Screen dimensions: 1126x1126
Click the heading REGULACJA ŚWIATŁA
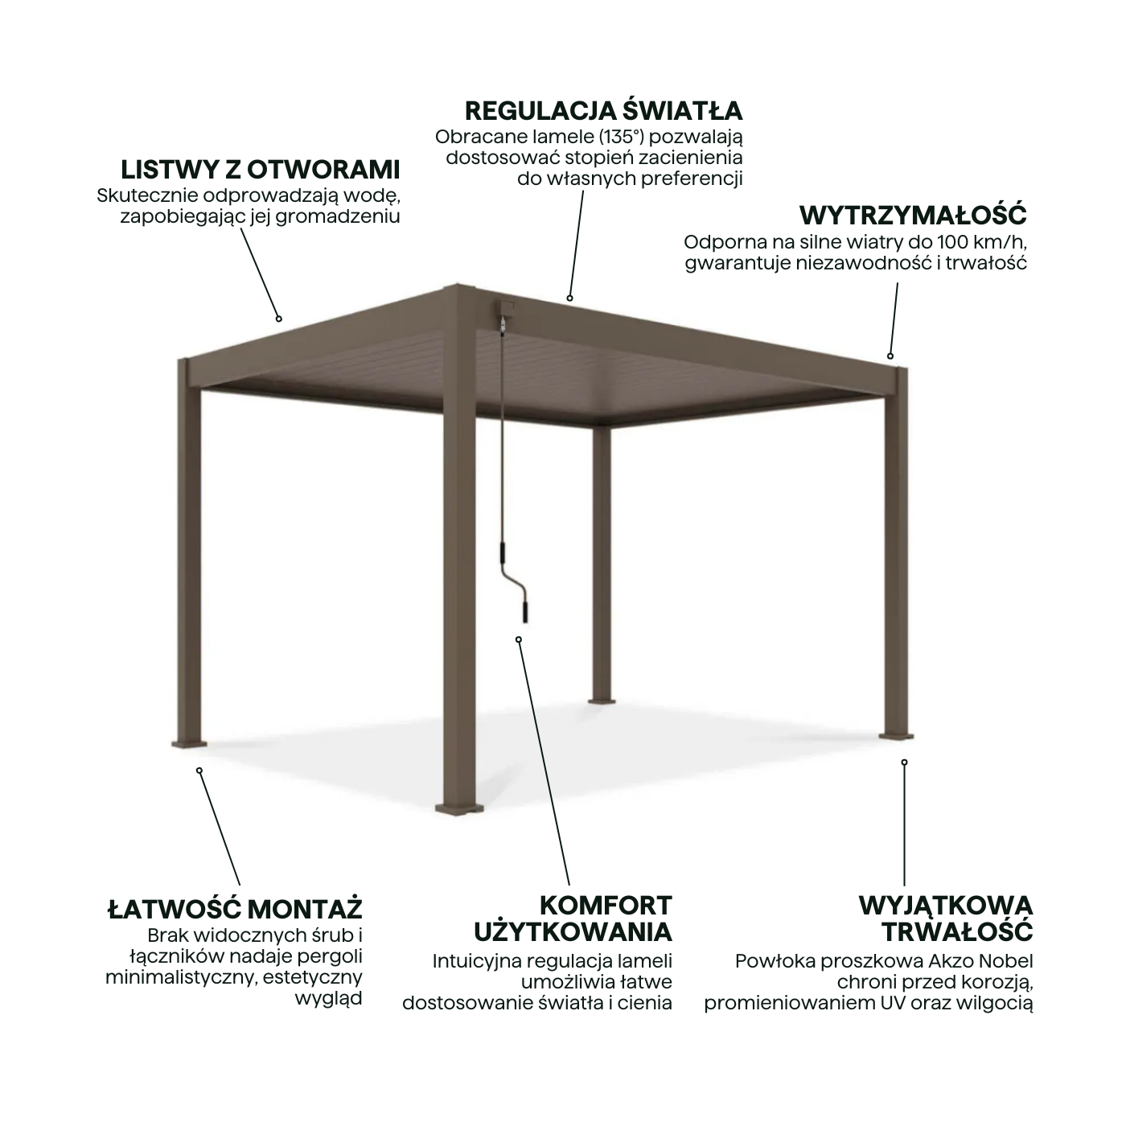(x=603, y=111)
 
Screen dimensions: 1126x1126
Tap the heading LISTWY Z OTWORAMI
(x=260, y=170)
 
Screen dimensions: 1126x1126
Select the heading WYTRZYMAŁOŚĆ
(x=913, y=215)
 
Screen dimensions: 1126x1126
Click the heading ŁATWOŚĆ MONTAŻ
(x=235, y=909)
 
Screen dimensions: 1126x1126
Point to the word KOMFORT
(x=606, y=905)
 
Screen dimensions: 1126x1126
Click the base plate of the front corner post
(x=459, y=809)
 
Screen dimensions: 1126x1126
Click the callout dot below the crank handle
(x=518, y=640)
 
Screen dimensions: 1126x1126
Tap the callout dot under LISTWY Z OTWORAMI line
(x=279, y=319)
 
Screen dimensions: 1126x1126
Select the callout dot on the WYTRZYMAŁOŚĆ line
(x=890, y=355)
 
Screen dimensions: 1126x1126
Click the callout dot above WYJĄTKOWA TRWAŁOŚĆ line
(x=904, y=762)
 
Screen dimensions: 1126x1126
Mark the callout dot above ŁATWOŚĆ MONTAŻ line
(x=199, y=771)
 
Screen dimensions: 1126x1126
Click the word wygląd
(x=328, y=999)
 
